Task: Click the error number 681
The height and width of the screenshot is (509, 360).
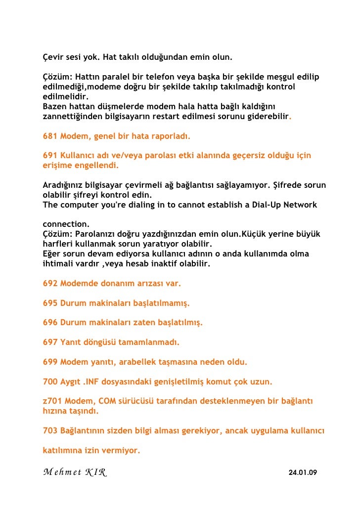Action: coord(50,135)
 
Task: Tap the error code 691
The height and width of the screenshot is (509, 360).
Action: coord(50,155)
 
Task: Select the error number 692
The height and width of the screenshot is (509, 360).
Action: coord(50,284)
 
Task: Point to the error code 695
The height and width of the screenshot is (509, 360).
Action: coord(50,303)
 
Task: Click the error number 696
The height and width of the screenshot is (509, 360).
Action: coord(50,323)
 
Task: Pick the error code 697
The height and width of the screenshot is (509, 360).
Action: coord(50,342)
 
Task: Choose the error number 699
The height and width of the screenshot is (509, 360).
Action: coord(50,362)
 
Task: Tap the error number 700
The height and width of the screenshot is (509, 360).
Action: coord(50,382)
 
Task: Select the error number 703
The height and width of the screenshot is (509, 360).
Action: coord(50,430)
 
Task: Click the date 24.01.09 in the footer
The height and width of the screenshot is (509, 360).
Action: coord(303,473)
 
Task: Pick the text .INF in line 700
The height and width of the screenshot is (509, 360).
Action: coord(92,382)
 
